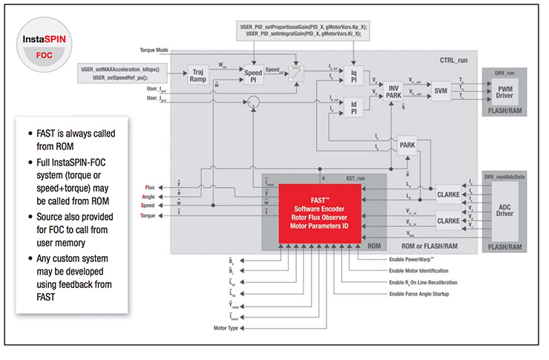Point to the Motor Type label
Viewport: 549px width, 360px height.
tap(227, 327)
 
